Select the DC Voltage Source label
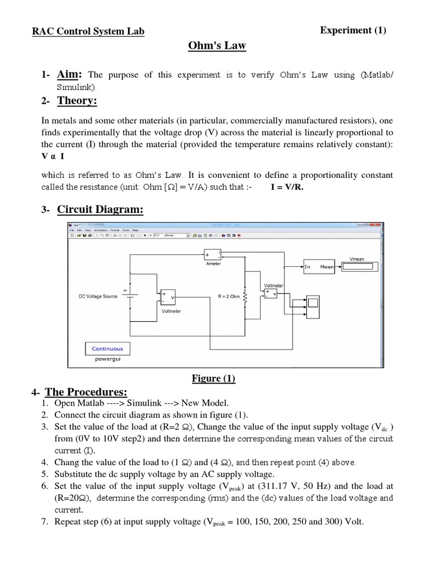(x=98, y=296)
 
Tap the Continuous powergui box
(x=107, y=349)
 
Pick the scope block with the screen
(x=313, y=306)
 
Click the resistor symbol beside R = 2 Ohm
(x=245, y=296)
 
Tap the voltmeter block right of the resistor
(x=270, y=293)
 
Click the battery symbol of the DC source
(x=131, y=296)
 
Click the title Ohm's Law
(x=217, y=45)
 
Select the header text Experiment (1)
(x=353, y=31)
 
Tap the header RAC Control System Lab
(x=88, y=32)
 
